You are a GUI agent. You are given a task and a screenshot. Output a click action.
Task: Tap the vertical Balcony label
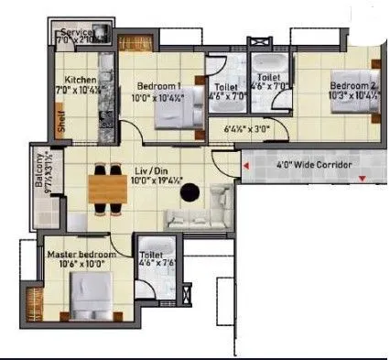[x=38, y=180]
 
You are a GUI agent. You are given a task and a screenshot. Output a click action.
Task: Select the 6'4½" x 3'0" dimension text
[x=245, y=129]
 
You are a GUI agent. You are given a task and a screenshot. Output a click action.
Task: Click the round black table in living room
[x=190, y=191]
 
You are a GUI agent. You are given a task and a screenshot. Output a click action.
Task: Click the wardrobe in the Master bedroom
[x=35, y=302]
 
